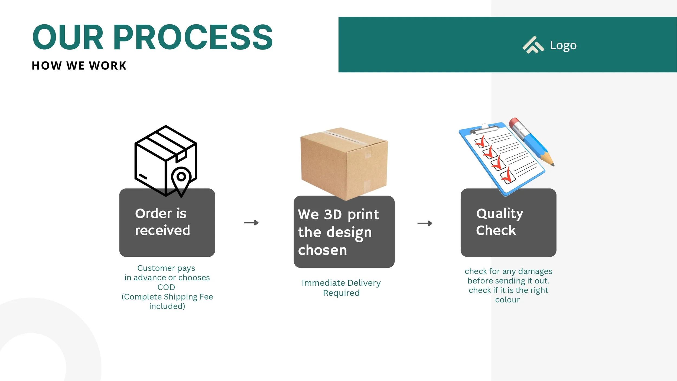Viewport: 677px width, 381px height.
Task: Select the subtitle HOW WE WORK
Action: point(79,66)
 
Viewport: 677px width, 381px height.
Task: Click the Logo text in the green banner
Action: point(563,45)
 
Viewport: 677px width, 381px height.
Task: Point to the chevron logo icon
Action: point(533,45)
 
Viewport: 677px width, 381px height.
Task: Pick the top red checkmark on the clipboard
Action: point(480,141)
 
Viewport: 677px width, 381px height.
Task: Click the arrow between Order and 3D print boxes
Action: point(251,223)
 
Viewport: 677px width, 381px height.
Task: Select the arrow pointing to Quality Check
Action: point(425,223)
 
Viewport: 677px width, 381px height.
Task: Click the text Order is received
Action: point(162,222)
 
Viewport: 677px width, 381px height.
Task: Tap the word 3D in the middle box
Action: point(333,215)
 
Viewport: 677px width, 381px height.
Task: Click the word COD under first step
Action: point(166,287)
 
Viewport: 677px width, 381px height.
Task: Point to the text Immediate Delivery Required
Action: point(341,288)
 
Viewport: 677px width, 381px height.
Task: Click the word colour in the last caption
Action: point(507,300)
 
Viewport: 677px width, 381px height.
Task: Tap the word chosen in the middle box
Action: point(322,250)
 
